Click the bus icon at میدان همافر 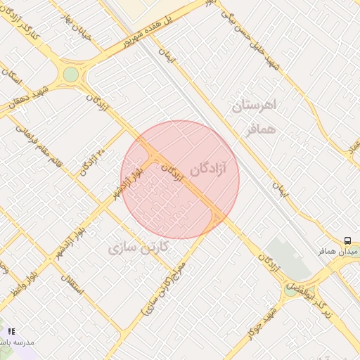(x=347, y=240)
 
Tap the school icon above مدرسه (x=11, y=330)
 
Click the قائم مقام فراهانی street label (x=45, y=148)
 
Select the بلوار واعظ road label (x=22, y=281)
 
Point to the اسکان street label (x=13, y=81)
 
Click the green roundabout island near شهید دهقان (x=70, y=74)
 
